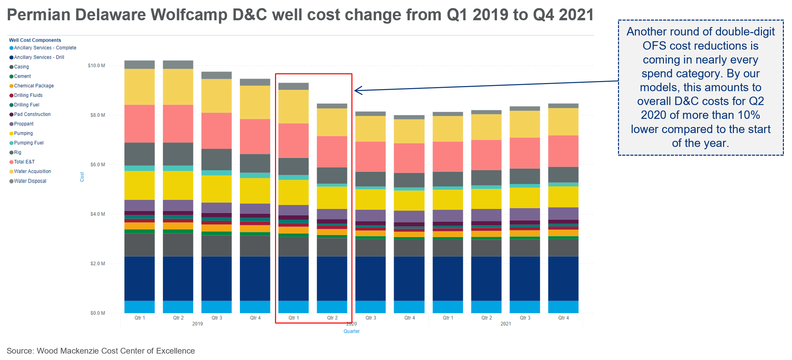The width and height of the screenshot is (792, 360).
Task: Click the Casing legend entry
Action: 21,67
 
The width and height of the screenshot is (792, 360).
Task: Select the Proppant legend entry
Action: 24,124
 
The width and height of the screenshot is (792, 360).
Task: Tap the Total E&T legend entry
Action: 24,162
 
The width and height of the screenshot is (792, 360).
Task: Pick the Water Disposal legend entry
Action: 30,181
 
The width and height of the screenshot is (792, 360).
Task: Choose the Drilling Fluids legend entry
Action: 28,96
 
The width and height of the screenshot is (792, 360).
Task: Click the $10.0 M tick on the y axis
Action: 96,66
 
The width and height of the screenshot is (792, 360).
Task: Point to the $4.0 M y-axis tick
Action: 98,214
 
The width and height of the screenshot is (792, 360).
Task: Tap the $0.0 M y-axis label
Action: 98,313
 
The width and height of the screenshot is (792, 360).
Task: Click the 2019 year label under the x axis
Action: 197,324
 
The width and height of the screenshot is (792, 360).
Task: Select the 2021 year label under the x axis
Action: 505,324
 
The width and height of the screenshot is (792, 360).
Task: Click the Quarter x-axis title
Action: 351,331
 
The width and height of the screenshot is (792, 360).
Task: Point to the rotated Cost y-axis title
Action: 82,177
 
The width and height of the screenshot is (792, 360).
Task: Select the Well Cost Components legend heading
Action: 35,40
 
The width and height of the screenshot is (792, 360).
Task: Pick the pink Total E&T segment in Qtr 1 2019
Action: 140,124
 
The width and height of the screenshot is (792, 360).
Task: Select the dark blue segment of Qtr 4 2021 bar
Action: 563,279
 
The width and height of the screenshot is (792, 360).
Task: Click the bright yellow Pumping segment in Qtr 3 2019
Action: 217,189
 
